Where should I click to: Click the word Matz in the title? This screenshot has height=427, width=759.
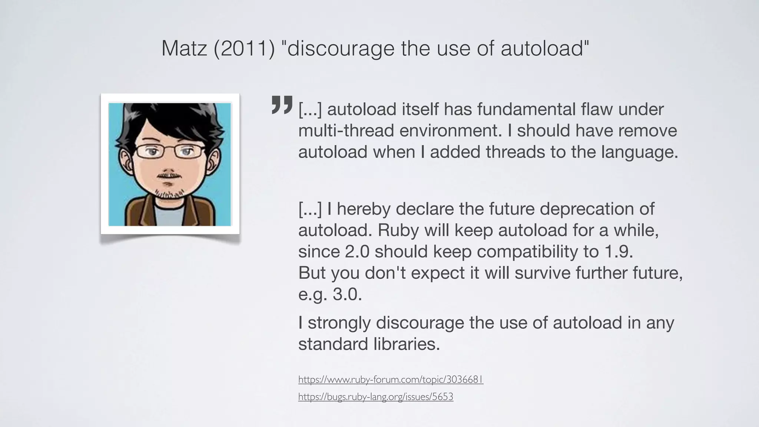(x=184, y=48)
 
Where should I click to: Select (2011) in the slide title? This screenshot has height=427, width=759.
(x=244, y=48)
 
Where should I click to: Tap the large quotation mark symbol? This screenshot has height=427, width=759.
(x=282, y=105)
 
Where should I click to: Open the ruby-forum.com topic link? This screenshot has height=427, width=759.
(x=391, y=380)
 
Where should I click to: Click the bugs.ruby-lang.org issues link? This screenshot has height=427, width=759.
(x=375, y=397)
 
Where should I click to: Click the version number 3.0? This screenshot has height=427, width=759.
(x=347, y=295)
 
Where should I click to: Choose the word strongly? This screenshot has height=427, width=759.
(x=339, y=323)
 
